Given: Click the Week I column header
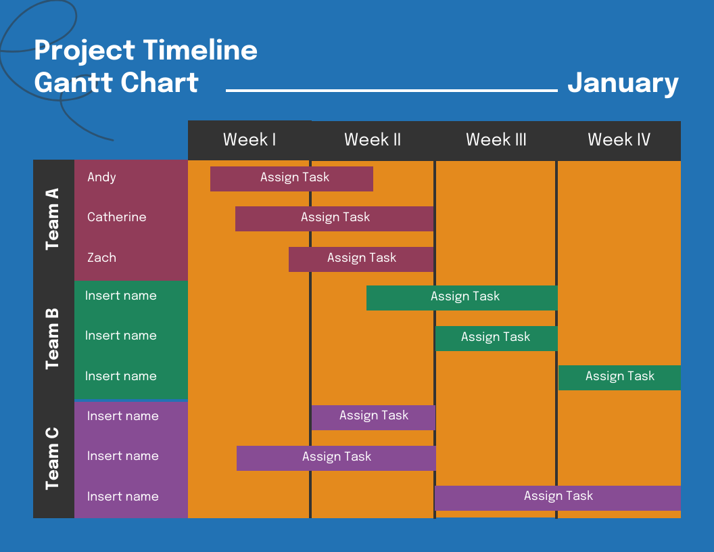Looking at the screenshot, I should [249, 140].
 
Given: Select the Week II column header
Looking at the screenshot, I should [373, 140].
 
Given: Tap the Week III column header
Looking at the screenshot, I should [496, 140].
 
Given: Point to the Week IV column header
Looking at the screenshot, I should [619, 140].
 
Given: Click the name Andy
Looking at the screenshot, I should [101, 177].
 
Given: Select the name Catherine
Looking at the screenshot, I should [116, 217].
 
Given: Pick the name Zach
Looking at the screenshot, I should [101, 258].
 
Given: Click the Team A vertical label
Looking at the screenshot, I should [53, 219].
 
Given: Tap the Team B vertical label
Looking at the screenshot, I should [53, 339].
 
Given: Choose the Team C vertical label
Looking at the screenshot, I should [53, 458].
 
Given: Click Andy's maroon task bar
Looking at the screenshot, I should [291, 179].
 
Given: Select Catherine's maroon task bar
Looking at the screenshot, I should [334, 218].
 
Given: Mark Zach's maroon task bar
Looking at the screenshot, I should [361, 259].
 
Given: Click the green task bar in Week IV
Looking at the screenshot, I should [619, 377].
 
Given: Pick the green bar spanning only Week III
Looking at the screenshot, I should [496, 338].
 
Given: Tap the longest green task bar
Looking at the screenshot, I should [462, 298].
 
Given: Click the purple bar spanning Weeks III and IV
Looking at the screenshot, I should [558, 498].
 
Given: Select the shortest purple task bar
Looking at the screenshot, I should [373, 417].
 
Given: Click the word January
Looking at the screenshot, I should [623, 83].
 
